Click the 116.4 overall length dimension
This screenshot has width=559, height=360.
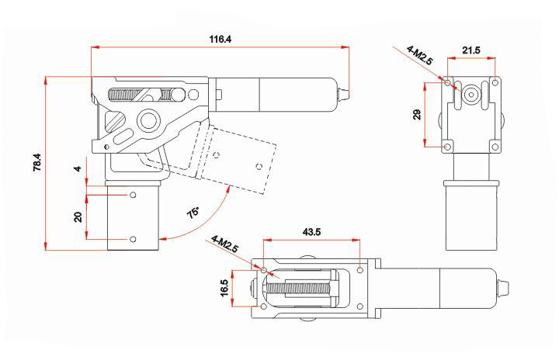click(220, 39)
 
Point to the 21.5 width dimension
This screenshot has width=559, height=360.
click(471, 50)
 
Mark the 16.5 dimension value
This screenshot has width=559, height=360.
click(224, 288)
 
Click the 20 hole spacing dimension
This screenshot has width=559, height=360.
click(78, 216)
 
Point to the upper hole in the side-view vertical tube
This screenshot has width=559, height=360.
click(134, 195)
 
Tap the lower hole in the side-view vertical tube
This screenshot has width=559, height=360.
click(134, 238)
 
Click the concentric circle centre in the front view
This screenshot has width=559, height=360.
click(470, 92)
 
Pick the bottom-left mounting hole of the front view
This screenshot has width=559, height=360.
click(447, 144)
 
